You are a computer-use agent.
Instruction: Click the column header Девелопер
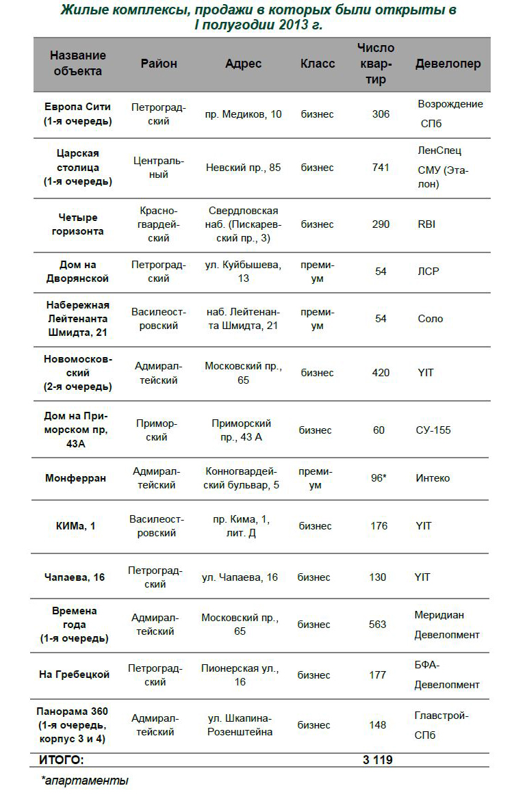448,64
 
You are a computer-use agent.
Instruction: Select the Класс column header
318,64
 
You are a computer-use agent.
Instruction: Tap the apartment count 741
381,168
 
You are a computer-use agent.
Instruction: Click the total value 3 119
377,760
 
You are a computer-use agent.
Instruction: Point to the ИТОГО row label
62,760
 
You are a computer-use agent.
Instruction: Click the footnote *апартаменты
85,780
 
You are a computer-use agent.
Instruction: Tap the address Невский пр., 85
243,168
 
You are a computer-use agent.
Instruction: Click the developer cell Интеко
433,478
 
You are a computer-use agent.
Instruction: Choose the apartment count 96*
379,478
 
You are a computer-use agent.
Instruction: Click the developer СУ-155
433,430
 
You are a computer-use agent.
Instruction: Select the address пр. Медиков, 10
243,114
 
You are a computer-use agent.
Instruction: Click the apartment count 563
377,625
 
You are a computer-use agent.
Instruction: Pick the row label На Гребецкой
75,675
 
